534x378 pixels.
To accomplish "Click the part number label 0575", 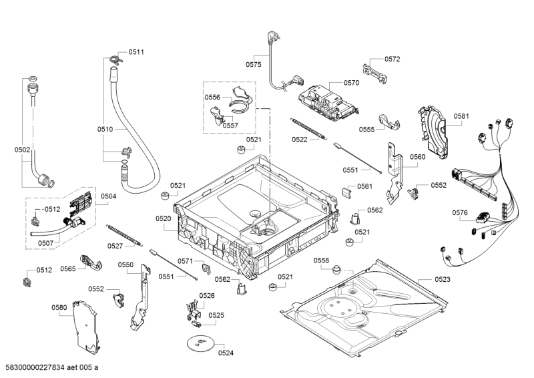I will [253, 65].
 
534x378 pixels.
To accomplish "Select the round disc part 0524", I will [198, 343].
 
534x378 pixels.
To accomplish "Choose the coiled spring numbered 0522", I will [311, 127].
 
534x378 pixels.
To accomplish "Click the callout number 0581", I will [462, 116].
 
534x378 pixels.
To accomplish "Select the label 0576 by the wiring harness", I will [459, 213].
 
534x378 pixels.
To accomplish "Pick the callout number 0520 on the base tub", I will [164, 218].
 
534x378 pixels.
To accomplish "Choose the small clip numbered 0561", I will [346, 192].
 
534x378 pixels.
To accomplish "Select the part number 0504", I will [108, 196].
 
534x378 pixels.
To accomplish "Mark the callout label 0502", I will [22, 150].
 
